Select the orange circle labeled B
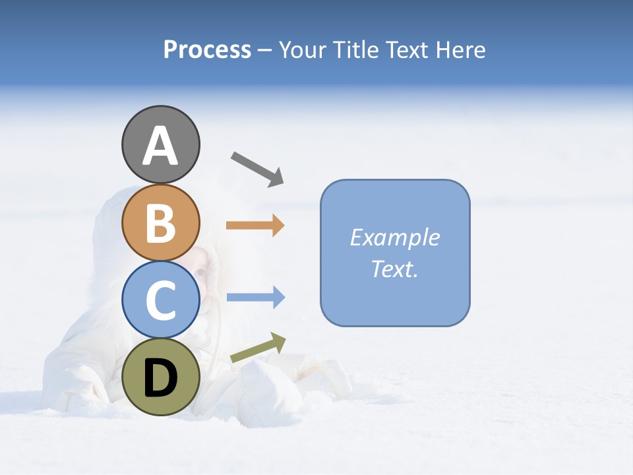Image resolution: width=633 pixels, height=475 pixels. pyautogui.click(x=160, y=222)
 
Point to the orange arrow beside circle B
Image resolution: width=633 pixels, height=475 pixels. pyautogui.click(x=255, y=226)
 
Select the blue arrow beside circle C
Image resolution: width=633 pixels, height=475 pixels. pyautogui.click(x=255, y=298)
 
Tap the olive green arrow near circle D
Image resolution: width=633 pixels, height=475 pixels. pyautogui.click(x=258, y=348)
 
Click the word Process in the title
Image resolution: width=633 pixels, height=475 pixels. pyautogui.click(x=207, y=50)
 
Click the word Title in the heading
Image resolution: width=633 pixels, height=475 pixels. pyautogui.click(x=353, y=50)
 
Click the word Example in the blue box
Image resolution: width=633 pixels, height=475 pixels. pyautogui.click(x=394, y=237)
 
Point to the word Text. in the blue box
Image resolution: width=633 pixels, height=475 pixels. pyautogui.click(x=394, y=269)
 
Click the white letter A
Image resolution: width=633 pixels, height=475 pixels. pyautogui.click(x=160, y=146)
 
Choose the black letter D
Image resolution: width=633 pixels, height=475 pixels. pyautogui.click(x=160, y=378)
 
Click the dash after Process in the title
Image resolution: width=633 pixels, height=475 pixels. pyautogui.click(x=264, y=51)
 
